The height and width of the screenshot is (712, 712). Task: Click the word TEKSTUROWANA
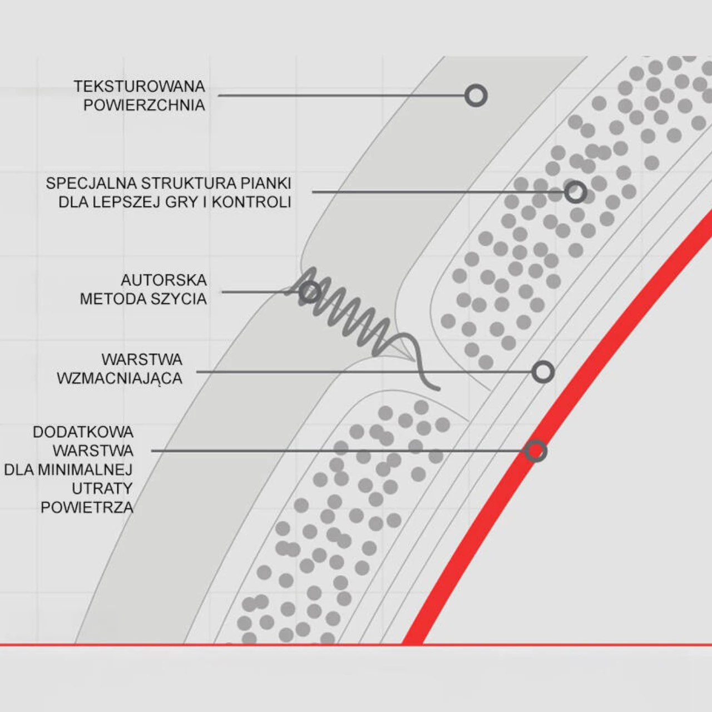pyautogui.click(x=139, y=86)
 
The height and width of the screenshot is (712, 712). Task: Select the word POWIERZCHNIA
pyautogui.click(x=144, y=105)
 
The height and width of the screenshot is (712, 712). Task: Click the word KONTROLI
pyautogui.click(x=251, y=202)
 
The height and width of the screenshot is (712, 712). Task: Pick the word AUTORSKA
pyautogui.click(x=164, y=280)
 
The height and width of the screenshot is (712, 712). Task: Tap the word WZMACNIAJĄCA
pyautogui.click(x=120, y=378)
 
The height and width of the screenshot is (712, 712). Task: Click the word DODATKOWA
pyautogui.click(x=83, y=432)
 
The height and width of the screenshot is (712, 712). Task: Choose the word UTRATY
pyautogui.click(x=102, y=488)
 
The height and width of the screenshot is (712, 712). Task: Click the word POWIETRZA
pyautogui.click(x=87, y=507)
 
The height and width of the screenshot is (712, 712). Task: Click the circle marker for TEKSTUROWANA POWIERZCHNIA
pyautogui.click(x=476, y=96)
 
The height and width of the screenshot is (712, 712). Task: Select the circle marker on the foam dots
pyautogui.click(x=575, y=192)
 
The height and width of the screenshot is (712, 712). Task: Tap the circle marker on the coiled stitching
pyautogui.click(x=310, y=292)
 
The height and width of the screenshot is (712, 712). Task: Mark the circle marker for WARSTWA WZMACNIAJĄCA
pyautogui.click(x=543, y=372)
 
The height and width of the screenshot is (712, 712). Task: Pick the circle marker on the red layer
pyautogui.click(x=535, y=451)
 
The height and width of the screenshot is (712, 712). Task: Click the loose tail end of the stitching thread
pyautogui.click(x=438, y=389)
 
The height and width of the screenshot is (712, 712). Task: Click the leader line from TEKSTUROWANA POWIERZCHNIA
pyautogui.click(x=342, y=96)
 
